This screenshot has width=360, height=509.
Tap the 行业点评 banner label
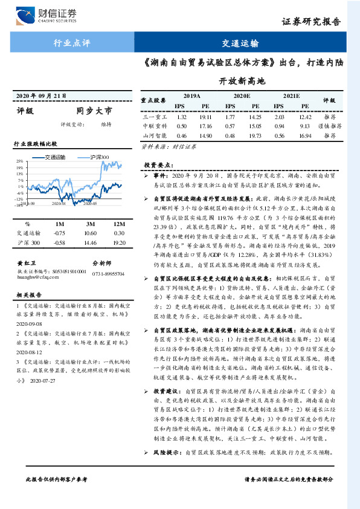click(71, 43)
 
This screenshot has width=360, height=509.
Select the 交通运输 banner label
click(240, 43)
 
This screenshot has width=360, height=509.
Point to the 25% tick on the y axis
click(19, 161)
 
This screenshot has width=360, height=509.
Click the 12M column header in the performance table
click(118, 223)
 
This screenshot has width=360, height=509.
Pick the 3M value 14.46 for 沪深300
click(91, 242)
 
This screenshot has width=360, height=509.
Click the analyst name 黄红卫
click(26, 264)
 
